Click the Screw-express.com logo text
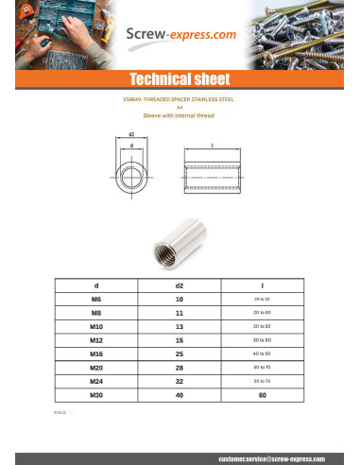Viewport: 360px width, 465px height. pyautogui.click(x=180, y=37)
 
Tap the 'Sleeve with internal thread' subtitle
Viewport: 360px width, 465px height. pyautogui.click(x=180, y=115)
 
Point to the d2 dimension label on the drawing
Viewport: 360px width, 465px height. pyautogui.click(x=131, y=134)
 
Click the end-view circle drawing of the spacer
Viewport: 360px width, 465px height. pyautogui.click(x=131, y=176)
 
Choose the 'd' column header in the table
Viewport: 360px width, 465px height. pyautogui.click(x=95, y=284)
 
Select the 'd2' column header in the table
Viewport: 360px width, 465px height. pyautogui.click(x=180, y=284)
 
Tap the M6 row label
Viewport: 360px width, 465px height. pyautogui.click(x=95, y=299)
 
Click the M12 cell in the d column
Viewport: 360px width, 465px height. pyautogui.click(x=95, y=338)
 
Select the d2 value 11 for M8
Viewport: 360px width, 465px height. pyautogui.click(x=180, y=312)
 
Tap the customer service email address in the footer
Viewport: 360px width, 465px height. pyautogui.click(x=271, y=456)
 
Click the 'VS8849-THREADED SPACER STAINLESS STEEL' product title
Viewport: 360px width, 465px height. pyautogui.click(x=180, y=98)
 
